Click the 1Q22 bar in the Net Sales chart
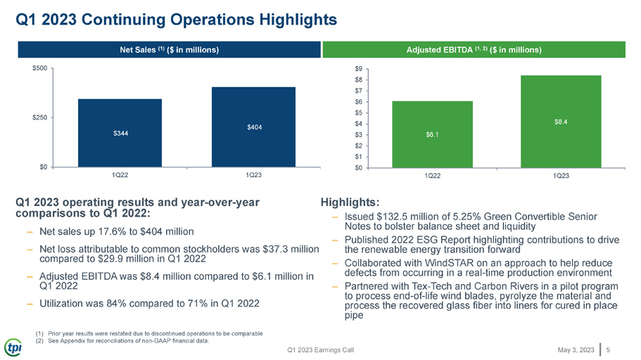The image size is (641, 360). tap(120, 133)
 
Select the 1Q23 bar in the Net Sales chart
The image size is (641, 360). tap(253, 127)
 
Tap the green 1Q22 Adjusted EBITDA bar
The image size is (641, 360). tap(433, 134)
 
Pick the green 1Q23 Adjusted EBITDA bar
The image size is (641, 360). tap(561, 122)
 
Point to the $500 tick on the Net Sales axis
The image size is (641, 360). tap(40, 68)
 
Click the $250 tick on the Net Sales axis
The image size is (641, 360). tap(40, 117)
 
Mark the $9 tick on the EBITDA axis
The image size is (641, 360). tap(359, 69)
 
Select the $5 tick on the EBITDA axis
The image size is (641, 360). tap(359, 112)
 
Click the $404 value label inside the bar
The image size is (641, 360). tap(254, 127)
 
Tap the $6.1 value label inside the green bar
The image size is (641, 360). tap(432, 134)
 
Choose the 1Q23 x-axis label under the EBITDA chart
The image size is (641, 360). tap(561, 176)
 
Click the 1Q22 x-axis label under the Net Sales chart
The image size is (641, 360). tap(120, 175)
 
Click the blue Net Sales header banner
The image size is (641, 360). tap(170, 49)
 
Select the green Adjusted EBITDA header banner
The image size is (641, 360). tap(474, 49)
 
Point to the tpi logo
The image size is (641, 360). tap(13, 348)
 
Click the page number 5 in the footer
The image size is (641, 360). tap(609, 349)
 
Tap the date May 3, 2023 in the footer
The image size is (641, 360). tap(576, 349)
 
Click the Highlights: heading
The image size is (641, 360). tap(350, 202)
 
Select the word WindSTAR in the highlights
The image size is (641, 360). tap(449, 263)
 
